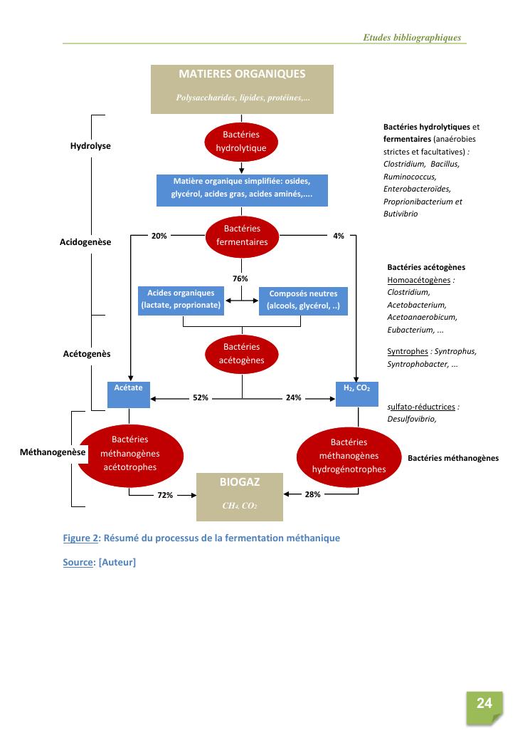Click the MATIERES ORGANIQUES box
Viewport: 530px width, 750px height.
242,89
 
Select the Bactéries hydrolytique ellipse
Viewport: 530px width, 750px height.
242,141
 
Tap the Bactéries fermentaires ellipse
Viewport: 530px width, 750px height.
242,235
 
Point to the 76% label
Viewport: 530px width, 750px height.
241,278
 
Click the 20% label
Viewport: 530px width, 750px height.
159,236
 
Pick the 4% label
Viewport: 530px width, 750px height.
339,236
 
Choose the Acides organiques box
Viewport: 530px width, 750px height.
181,299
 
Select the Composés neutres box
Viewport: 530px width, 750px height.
303,300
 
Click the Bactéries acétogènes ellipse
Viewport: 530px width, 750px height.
242,353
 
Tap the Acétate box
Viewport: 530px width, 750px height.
129,395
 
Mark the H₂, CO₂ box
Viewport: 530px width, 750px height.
356,395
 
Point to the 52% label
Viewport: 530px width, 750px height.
201,398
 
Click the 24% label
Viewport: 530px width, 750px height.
293,398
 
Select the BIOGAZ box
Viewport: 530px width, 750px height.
240,496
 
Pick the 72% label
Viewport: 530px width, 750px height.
165,495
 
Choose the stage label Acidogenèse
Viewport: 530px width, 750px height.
85,242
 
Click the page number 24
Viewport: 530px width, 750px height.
484,704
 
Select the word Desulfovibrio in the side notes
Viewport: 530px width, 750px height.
411,419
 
